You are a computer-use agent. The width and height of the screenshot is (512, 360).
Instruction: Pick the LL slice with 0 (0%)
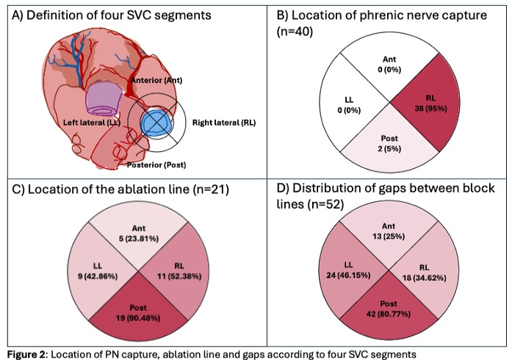point(349,104)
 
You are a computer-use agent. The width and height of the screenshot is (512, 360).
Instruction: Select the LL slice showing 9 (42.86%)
point(97,272)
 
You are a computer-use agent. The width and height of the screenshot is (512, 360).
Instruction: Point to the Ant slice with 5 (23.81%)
point(138,233)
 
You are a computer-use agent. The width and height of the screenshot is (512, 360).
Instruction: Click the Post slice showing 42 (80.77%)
point(389,309)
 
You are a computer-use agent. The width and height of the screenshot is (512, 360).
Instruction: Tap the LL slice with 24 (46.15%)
point(348,270)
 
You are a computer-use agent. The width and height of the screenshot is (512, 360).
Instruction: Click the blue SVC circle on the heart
point(157,122)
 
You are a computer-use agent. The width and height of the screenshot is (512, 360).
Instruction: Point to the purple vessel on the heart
point(103,98)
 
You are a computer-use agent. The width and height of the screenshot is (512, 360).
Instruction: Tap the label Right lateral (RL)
point(224,123)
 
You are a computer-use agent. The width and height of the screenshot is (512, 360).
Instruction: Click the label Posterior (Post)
point(156,165)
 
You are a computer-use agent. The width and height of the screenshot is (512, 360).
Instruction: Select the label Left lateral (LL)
point(92,123)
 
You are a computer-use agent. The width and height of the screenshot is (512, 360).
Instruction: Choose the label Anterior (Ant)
point(156,80)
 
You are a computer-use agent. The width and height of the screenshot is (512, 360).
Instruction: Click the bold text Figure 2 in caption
point(27,354)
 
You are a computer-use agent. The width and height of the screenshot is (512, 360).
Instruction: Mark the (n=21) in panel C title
point(211,190)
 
